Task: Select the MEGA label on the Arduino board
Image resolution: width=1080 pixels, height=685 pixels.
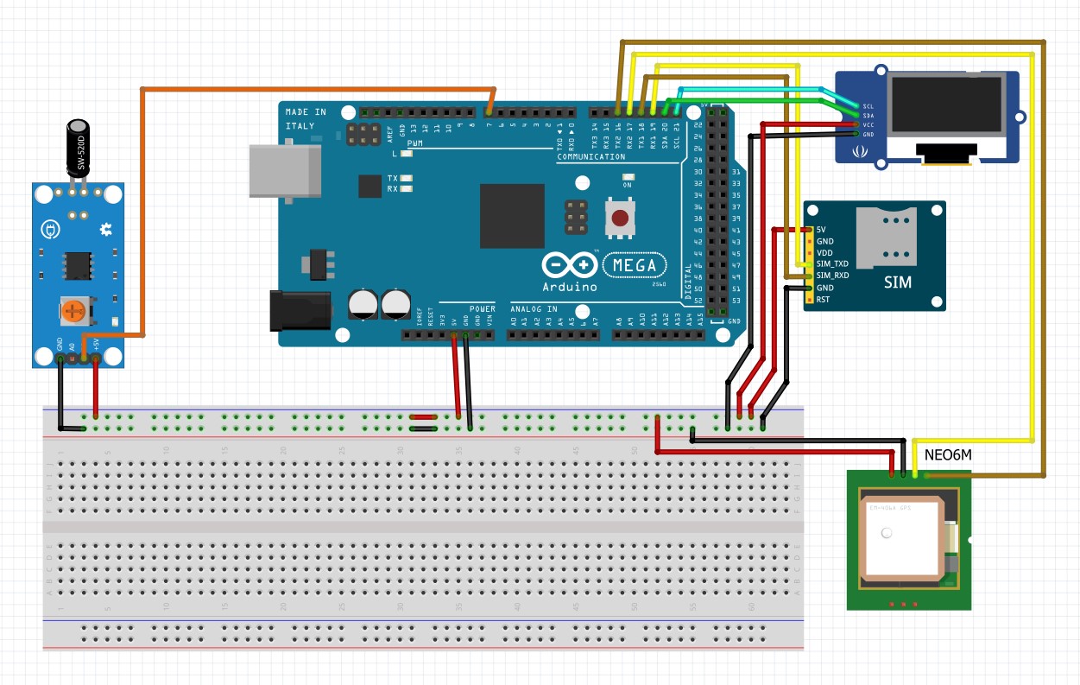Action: tap(635, 265)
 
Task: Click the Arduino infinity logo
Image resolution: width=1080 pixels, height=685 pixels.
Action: tap(570, 264)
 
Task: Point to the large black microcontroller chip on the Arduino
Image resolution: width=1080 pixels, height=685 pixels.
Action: tap(512, 216)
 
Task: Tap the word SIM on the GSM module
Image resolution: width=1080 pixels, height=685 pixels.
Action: tap(897, 282)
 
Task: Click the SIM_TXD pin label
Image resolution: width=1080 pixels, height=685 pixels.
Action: tap(832, 263)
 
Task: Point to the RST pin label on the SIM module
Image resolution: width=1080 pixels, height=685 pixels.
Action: tap(823, 300)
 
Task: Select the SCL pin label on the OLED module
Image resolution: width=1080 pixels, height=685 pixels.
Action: tap(868, 106)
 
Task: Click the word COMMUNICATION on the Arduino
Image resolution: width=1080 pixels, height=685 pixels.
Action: tap(591, 157)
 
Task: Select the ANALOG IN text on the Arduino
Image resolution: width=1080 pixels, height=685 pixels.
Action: tap(534, 308)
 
